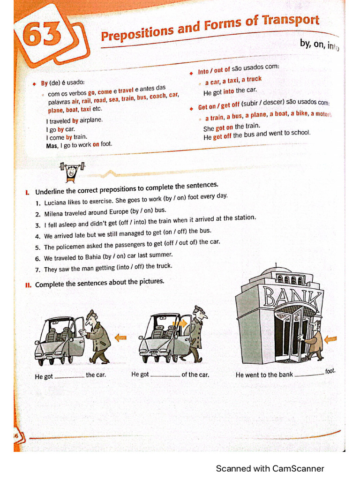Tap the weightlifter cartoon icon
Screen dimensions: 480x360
(71, 171)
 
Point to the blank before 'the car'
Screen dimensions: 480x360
(69, 376)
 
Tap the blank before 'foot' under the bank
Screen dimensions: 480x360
(309, 374)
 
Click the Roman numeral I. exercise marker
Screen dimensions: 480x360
(28, 192)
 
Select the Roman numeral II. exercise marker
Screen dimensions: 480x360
(28, 285)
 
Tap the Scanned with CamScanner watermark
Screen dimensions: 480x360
(270, 468)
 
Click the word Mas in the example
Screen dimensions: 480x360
(51, 146)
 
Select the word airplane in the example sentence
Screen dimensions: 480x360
(91, 120)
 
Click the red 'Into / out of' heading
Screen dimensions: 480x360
(214, 70)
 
